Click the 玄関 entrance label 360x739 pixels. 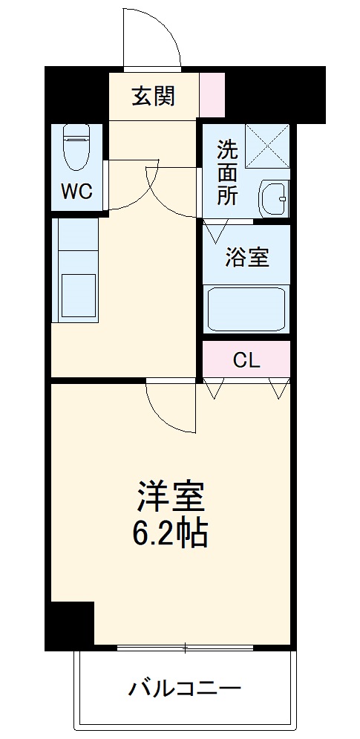tap(154, 97)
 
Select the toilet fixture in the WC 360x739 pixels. tap(76, 148)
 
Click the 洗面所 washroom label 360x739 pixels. tap(227, 172)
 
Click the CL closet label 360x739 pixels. tap(247, 360)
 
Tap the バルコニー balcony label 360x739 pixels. tap(185, 688)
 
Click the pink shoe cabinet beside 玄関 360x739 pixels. tap(212, 94)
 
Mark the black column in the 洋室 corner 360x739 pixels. tap(71, 624)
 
